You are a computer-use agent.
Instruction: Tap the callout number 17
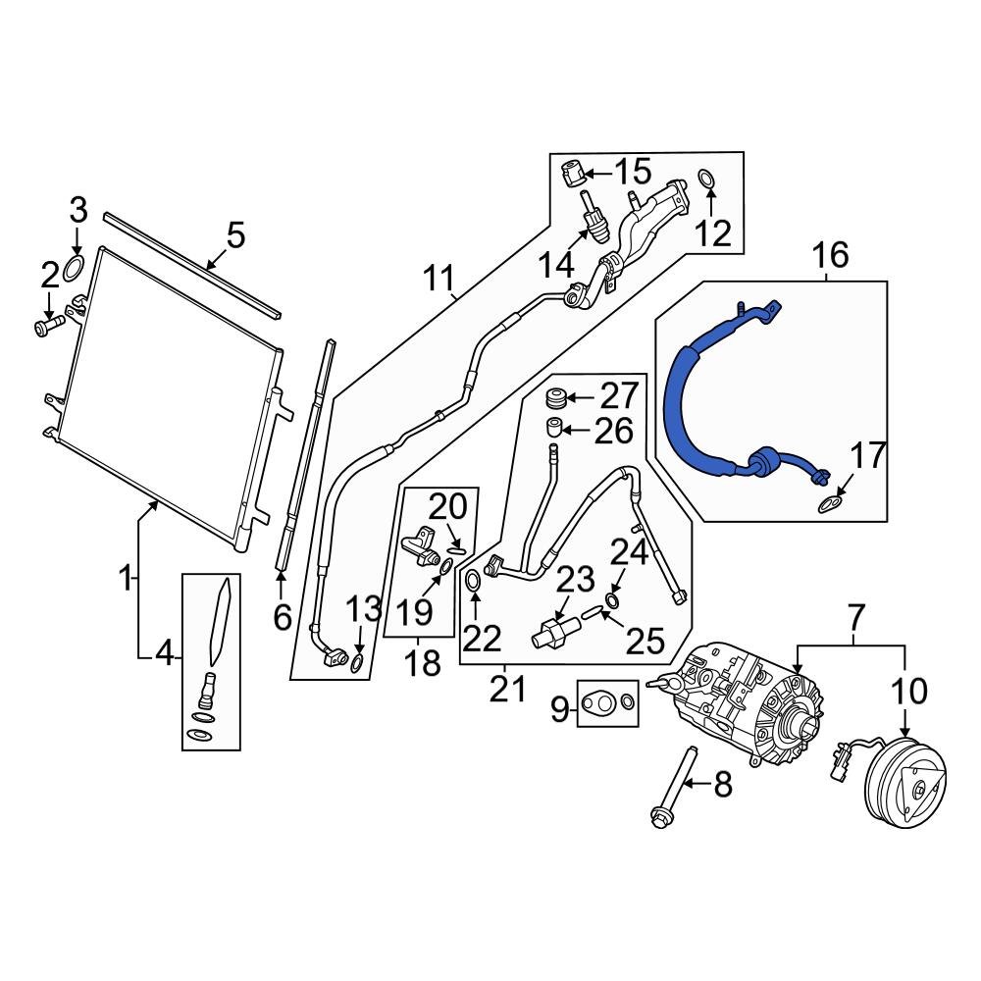pyautogui.click(x=866, y=456)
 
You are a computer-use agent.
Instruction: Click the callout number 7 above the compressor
pyautogui.click(x=853, y=618)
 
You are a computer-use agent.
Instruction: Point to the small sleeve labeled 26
pyautogui.click(x=555, y=428)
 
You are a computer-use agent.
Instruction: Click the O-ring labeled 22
pyautogui.click(x=472, y=581)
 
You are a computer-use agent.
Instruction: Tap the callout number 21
pyautogui.click(x=507, y=690)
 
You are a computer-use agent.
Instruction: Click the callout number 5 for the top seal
pyautogui.click(x=234, y=236)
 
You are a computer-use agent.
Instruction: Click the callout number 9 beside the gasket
pyautogui.click(x=559, y=708)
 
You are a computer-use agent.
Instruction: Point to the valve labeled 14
pyautogui.click(x=592, y=221)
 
